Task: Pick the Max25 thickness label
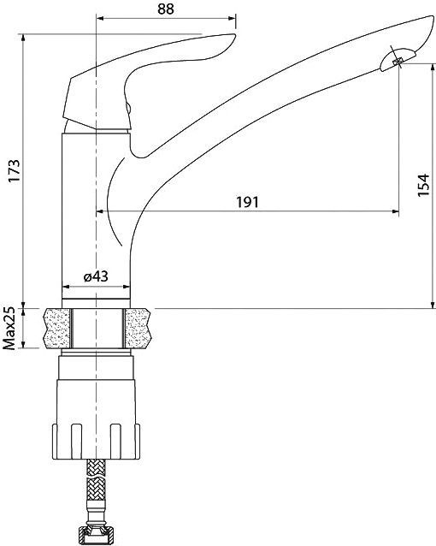click(10, 327)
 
